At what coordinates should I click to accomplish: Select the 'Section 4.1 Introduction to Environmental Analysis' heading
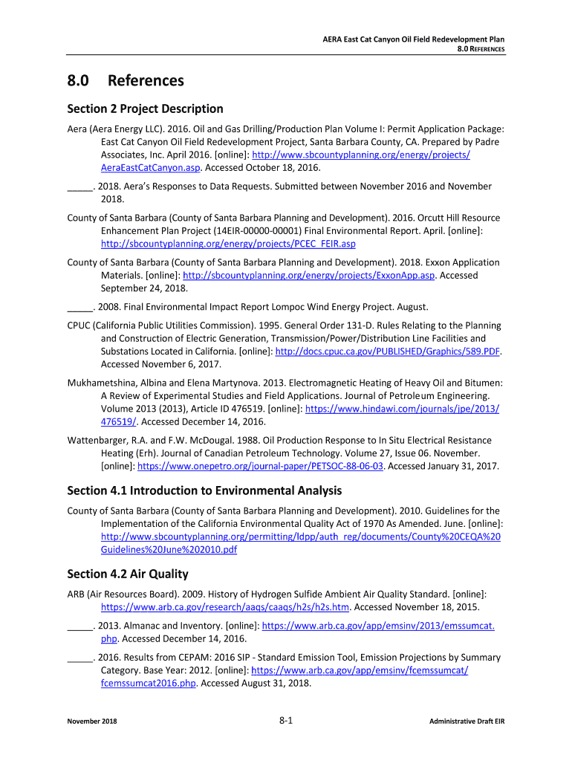[x=204, y=490]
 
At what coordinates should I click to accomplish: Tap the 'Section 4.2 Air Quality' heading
[x=128, y=574]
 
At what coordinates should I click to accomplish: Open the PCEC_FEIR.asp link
[x=228, y=243]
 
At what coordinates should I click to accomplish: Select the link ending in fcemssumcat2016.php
[x=149, y=684]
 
